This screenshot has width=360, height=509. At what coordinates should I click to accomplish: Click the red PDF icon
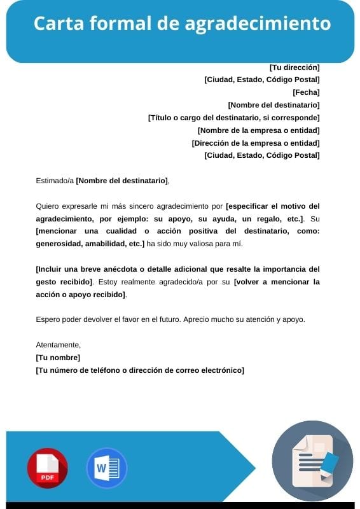coord(47,468)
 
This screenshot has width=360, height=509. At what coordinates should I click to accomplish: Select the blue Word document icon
coord(106,468)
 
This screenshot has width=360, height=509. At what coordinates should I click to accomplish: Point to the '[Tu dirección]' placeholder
coord(294,67)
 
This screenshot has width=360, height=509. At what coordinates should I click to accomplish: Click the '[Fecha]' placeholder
coord(306,92)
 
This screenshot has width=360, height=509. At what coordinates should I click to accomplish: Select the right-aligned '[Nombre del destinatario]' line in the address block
coord(273,105)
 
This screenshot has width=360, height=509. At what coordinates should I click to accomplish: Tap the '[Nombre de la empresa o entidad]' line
coord(258,130)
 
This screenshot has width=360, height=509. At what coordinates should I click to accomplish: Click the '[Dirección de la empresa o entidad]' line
coord(256,143)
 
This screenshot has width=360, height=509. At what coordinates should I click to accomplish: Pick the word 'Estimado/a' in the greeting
coord(55,181)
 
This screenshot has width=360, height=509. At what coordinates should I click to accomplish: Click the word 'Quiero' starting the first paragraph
coord(47,206)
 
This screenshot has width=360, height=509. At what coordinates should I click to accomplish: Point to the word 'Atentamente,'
coord(59,345)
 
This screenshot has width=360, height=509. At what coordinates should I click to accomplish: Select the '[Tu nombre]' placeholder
coord(58,358)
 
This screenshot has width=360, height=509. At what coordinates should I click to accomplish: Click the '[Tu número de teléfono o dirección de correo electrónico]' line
coord(140,370)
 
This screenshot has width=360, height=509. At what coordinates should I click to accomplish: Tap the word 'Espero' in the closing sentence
coord(48,319)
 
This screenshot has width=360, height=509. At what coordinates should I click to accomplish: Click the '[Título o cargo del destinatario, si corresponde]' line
coord(233,118)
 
